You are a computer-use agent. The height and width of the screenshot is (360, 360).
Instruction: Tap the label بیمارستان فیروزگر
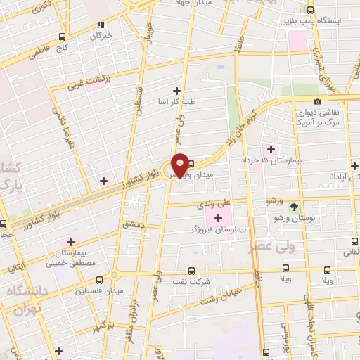click(217, 230)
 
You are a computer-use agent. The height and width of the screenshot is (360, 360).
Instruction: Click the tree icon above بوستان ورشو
click(295, 206)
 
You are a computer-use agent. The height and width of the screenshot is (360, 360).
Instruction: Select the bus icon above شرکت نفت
click(191, 270)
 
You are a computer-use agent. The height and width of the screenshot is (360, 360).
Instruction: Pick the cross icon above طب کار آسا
click(176, 90)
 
